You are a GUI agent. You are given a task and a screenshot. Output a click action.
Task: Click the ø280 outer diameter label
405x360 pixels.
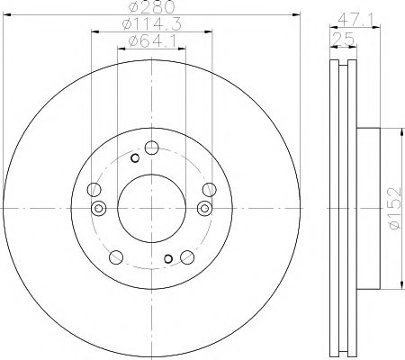(x=151, y=7)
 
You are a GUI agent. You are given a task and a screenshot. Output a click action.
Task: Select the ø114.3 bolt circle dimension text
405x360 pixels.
(x=152, y=24)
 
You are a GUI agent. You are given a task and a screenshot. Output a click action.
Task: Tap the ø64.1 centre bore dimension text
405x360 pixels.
(x=152, y=41)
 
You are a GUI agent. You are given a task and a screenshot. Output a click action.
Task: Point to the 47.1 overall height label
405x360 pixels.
(x=355, y=21)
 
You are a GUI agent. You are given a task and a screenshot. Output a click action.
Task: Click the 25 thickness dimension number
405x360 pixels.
(x=344, y=40)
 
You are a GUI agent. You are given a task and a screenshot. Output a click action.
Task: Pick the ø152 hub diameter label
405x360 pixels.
(x=394, y=208)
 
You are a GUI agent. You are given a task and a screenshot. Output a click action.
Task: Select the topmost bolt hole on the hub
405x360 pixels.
(x=151, y=148)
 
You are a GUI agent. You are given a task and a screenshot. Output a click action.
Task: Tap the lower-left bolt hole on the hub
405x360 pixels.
(x=116, y=257)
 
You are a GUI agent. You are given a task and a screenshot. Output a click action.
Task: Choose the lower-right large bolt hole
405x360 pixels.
(x=187, y=257)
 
